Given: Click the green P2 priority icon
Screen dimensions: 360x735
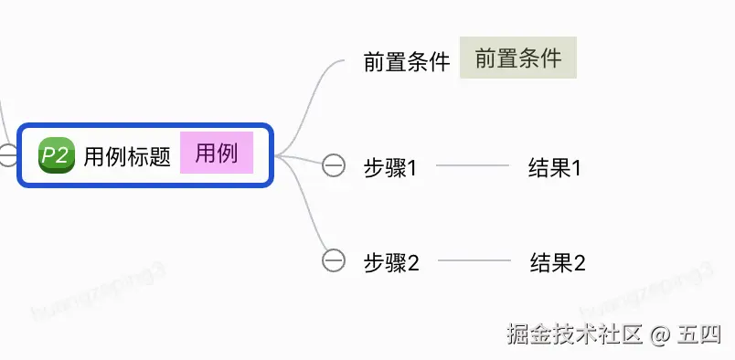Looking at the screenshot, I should (x=56, y=154).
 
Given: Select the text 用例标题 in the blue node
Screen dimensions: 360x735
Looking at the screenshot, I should (x=127, y=156).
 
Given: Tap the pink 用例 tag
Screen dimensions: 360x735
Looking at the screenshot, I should (x=216, y=154).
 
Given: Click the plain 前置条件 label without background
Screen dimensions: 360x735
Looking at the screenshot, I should (x=407, y=62).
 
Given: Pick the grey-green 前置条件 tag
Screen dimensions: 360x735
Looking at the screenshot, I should (x=518, y=58).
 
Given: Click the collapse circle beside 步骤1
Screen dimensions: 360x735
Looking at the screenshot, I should (x=334, y=165).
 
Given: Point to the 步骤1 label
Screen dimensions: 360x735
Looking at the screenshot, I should (x=390, y=168).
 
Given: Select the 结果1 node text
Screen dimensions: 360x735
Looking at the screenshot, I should (x=555, y=168).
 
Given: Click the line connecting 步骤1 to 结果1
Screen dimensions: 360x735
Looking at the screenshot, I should (x=472, y=166).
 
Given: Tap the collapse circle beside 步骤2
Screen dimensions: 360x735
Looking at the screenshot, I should (x=334, y=260).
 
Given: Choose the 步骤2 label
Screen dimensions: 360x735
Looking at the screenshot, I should (x=391, y=263).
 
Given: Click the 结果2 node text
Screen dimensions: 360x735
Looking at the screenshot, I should (x=557, y=263).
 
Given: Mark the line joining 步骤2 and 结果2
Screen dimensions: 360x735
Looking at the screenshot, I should (x=474, y=261).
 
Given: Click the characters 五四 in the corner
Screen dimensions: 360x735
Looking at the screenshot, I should (x=701, y=334).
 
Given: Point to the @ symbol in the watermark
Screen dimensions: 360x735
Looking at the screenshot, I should (x=661, y=334).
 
